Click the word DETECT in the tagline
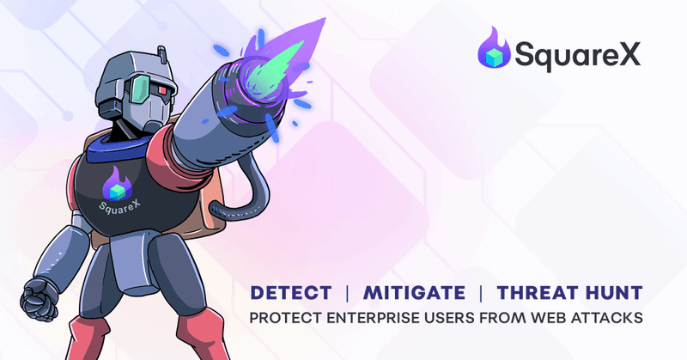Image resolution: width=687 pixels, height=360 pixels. click(291, 292)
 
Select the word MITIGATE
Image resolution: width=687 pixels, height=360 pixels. click(410, 292)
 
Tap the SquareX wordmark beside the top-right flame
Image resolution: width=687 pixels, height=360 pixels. click(577, 57)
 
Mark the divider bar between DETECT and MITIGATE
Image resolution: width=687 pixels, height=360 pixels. click(347, 292)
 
